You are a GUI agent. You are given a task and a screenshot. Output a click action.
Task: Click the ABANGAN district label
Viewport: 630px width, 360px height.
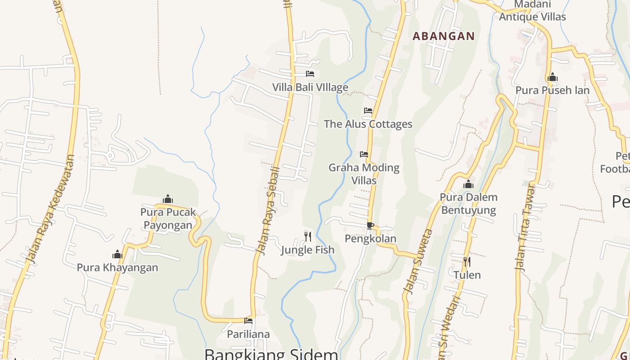coord(444,36)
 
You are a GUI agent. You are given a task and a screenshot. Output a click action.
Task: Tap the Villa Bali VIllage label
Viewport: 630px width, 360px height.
coord(310,87)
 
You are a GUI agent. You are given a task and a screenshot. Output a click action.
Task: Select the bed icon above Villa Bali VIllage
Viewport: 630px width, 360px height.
coord(310,74)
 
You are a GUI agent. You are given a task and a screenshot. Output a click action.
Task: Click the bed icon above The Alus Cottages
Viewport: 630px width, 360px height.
coord(368,111)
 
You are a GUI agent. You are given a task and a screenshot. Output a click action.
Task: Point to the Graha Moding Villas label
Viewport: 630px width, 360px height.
coord(364,174)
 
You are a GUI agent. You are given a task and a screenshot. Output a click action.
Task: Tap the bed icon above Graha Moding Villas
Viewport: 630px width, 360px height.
coord(364,154)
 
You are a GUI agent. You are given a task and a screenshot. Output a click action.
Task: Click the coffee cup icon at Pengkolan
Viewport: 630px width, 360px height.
coord(370,225)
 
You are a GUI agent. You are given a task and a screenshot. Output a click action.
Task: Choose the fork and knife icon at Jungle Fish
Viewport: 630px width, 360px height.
coord(308,236)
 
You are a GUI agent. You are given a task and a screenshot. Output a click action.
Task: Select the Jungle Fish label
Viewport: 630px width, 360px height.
coord(308,250)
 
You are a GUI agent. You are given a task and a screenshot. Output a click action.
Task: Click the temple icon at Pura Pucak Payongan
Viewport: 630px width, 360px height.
coord(168,199)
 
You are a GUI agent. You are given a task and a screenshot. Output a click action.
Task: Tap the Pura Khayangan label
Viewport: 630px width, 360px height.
coord(117,267)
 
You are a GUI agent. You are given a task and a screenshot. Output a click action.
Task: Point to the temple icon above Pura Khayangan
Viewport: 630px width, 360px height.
coord(117,255)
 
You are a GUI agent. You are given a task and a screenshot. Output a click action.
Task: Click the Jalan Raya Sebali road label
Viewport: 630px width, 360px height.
coord(268,211)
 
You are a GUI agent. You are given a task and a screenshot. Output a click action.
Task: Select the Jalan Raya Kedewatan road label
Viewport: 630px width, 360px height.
coord(50,209)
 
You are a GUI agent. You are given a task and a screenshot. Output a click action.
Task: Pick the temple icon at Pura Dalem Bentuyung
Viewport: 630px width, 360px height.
coord(468,184)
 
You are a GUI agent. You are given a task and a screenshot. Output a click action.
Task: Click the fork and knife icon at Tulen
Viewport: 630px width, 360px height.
coord(467,261)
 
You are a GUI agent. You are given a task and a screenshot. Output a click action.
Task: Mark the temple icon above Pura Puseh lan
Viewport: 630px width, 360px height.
coord(553,77)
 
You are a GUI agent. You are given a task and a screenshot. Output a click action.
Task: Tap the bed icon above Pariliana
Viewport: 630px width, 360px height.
coord(248,321)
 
